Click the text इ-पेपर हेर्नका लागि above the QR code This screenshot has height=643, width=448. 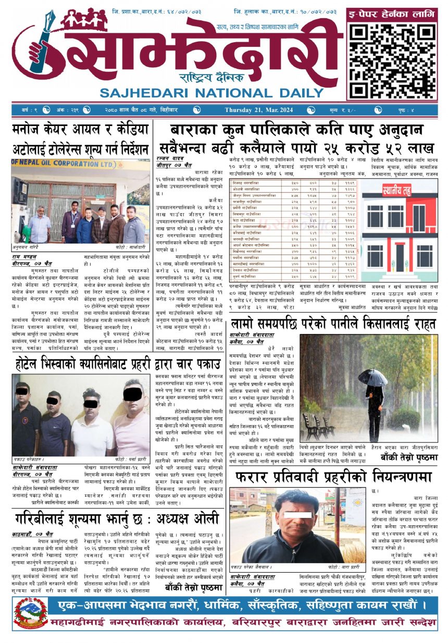pos(392,15)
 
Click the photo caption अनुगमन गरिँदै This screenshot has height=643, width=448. pos(27,248)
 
